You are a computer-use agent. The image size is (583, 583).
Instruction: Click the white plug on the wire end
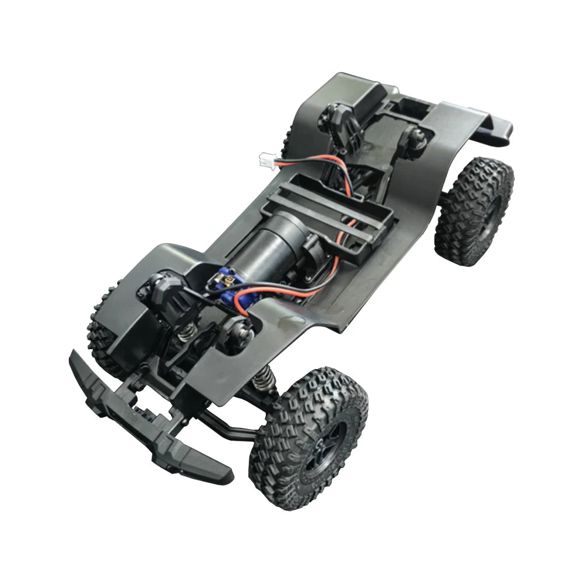pyautogui.click(x=266, y=157)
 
